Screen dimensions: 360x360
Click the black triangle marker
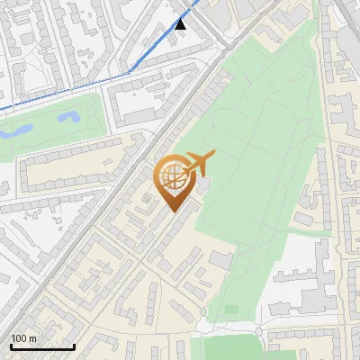[x=181, y=23]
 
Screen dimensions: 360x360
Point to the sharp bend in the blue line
[x=130, y=69]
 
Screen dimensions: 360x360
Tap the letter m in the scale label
[x=33, y=338]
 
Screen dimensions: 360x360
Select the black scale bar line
[x=42, y=346]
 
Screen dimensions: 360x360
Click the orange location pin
[x=174, y=181]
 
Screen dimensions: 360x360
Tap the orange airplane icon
[x=200, y=163]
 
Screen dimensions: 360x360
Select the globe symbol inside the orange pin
[x=173, y=175]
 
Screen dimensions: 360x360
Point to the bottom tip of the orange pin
[x=174, y=211]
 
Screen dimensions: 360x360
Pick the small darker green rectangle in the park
[x=232, y=310]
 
